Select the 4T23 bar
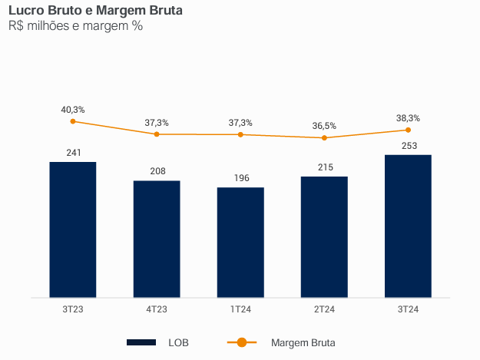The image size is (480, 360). click(x=157, y=239)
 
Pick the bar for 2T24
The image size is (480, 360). click(x=324, y=236)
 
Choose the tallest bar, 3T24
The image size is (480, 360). click(x=408, y=226)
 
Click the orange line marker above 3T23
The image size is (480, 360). click(x=73, y=121)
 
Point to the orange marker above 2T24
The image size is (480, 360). click(x=324, y=138)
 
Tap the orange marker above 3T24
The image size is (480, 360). click(x=408, y=130)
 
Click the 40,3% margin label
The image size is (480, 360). click(x=73, y=110)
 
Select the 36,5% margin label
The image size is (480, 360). click(x=324, y=126)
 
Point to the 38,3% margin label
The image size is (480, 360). click(x=408, y=118)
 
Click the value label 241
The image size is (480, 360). click(x=73, y=153)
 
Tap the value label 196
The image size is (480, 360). click(x=240, y=178)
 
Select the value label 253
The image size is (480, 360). click(x=408, y=145)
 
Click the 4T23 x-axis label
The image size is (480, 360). click(x=157, y=309)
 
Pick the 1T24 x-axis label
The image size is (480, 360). click(x=240, y=309)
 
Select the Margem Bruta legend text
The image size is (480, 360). click(x=303, y=342)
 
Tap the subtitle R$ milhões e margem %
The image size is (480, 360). click(x=75, y=27)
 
